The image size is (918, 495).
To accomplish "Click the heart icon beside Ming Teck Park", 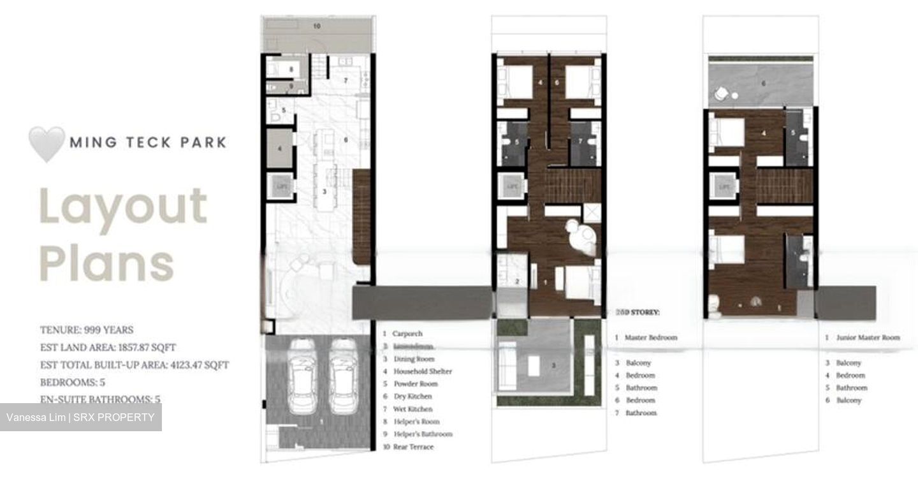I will [x=47, y=142].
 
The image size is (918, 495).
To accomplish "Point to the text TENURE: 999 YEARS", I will [x=87, y=330].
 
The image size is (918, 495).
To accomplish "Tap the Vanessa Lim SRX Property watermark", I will [x=80, y=418].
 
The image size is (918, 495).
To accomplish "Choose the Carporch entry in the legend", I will [x=407, y=334].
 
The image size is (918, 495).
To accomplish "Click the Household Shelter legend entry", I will [x=422, y=371].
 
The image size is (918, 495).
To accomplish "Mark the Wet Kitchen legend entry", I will [x=412, y=409].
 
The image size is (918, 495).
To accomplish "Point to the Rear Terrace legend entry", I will [x=413, y=447].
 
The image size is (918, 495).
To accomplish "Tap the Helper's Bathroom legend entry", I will [x=423, y=434].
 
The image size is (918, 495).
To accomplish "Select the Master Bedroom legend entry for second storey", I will [x=650, y=337].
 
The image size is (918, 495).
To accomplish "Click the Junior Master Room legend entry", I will [x=868, y=337].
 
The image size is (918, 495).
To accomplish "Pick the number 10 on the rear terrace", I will [x=317, y=27].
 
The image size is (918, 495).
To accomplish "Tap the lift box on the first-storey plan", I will [x=280, y=186].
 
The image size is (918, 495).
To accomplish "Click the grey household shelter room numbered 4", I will [x=279, y=149].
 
